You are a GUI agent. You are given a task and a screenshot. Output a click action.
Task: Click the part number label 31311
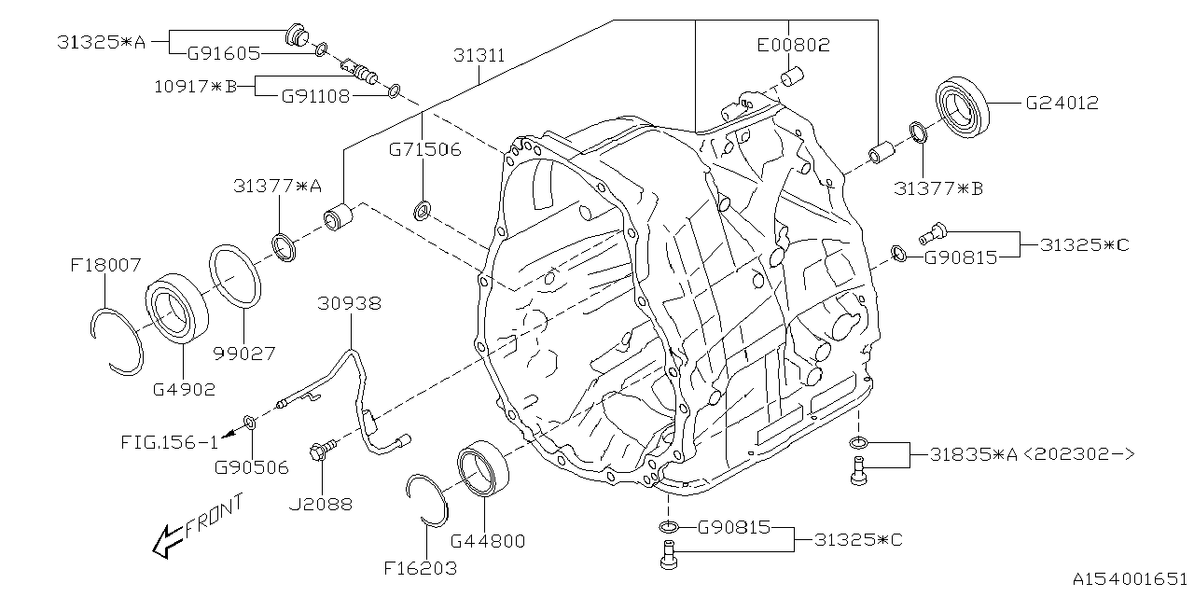tap(479, 56)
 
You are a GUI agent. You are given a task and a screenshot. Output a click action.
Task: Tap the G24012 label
tap(1062, 103)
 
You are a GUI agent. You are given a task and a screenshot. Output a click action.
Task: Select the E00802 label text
tap(792, 44)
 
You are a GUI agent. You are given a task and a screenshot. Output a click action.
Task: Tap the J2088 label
tap(322, 504)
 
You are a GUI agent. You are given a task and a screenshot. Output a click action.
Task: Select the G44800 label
tap(487, 540)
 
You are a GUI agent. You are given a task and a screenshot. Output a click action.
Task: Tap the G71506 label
tap(424, 149)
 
